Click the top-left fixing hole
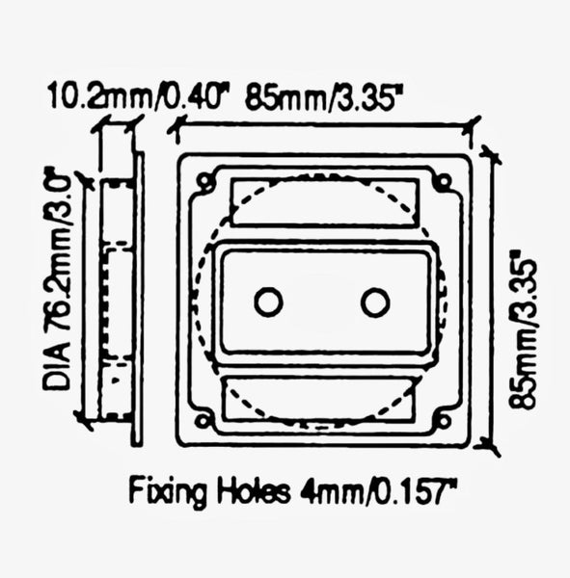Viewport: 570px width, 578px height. pyautogui.click(x=204, y=180)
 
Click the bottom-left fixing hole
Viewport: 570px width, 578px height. pyautogui.click(x=204, y=420)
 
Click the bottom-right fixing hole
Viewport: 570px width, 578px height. pyautogui.click(x=442, y=420)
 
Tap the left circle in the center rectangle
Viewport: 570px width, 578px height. pyautogui.click(x=268, y=302)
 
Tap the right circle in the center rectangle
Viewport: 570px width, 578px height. pyautogui.click(x=375, y=302)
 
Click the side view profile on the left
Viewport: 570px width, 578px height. pyautogui.click(x=122, y=299)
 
